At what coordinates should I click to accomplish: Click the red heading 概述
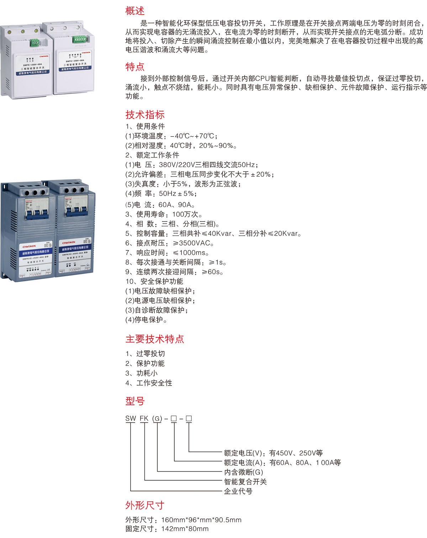click(135, 11)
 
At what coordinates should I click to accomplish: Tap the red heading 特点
click(135, 67)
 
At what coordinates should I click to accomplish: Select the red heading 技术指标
click(145, 115)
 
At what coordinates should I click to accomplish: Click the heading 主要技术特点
click(154, 339)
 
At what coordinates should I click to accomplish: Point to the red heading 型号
click(135, 401)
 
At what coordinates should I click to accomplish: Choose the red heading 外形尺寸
click(145, 505)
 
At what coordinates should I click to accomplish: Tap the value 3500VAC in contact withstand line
click(194, 243)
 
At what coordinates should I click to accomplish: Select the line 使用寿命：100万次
click(164, 214)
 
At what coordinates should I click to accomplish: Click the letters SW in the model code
click(131, 419)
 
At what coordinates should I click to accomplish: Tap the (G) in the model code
click(157, 419)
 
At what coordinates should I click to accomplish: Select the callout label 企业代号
click(238, 491)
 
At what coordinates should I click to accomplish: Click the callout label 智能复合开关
click(245, 482)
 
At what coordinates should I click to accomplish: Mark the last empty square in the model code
click(189, 419)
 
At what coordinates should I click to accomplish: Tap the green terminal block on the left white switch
click(35, 42)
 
